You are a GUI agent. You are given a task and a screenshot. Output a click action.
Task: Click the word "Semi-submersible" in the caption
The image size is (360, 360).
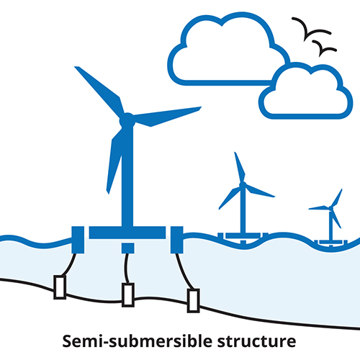pos(138,341)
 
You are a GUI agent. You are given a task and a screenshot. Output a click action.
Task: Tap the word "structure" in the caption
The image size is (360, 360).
pos(256,341)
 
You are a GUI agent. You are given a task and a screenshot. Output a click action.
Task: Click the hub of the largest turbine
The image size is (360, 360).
pos(127,120)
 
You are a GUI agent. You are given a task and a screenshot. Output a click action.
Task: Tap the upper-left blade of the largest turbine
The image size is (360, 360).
pos(99,92)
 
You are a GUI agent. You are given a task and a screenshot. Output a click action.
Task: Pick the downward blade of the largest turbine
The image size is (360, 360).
pos(115,158)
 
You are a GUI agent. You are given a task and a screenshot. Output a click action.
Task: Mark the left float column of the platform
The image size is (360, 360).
pos(78,240)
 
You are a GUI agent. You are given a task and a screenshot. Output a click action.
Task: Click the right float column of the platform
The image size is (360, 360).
pos(177,240)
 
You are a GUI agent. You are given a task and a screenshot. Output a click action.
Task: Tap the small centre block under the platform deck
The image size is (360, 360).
pos(127,248)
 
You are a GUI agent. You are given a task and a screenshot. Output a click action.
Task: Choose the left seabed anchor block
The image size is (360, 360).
pos(60,287)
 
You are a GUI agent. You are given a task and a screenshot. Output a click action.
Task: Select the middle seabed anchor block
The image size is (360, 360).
pos(128,294)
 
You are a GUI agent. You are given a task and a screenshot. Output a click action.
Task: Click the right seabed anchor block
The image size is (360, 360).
pos(193,300)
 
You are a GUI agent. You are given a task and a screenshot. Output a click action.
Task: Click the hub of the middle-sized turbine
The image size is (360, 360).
pos(243,185)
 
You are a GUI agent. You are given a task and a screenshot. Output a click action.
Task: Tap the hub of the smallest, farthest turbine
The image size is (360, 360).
pos(331,208)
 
